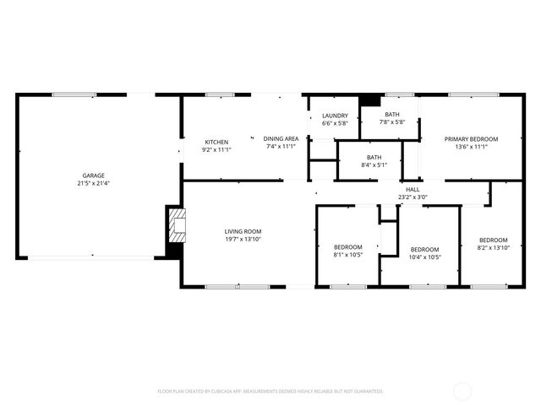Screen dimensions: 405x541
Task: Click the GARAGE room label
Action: click(93, 175)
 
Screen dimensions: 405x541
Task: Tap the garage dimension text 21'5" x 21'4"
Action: click(93, 183)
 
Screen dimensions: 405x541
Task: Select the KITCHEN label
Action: click(216, 142)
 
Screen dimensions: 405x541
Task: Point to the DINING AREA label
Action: click(281, 138)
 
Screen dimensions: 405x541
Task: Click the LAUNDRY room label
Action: click(335, 116)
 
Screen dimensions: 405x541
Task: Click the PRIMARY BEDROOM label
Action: click(472, 138)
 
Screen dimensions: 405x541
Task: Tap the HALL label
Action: click(413, 190)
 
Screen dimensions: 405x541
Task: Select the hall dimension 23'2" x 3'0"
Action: click(413, 197)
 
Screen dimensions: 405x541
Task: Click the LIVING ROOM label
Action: click(243, 231)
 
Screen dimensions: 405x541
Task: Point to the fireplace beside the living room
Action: click(175, 226)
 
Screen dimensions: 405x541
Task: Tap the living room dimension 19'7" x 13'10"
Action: click(243, 239)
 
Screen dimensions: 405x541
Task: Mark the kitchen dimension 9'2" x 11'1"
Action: click(216, 149)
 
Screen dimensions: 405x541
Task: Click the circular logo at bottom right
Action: click(463, 391)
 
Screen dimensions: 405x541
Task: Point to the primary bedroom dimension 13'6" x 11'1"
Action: click(472, 146)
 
